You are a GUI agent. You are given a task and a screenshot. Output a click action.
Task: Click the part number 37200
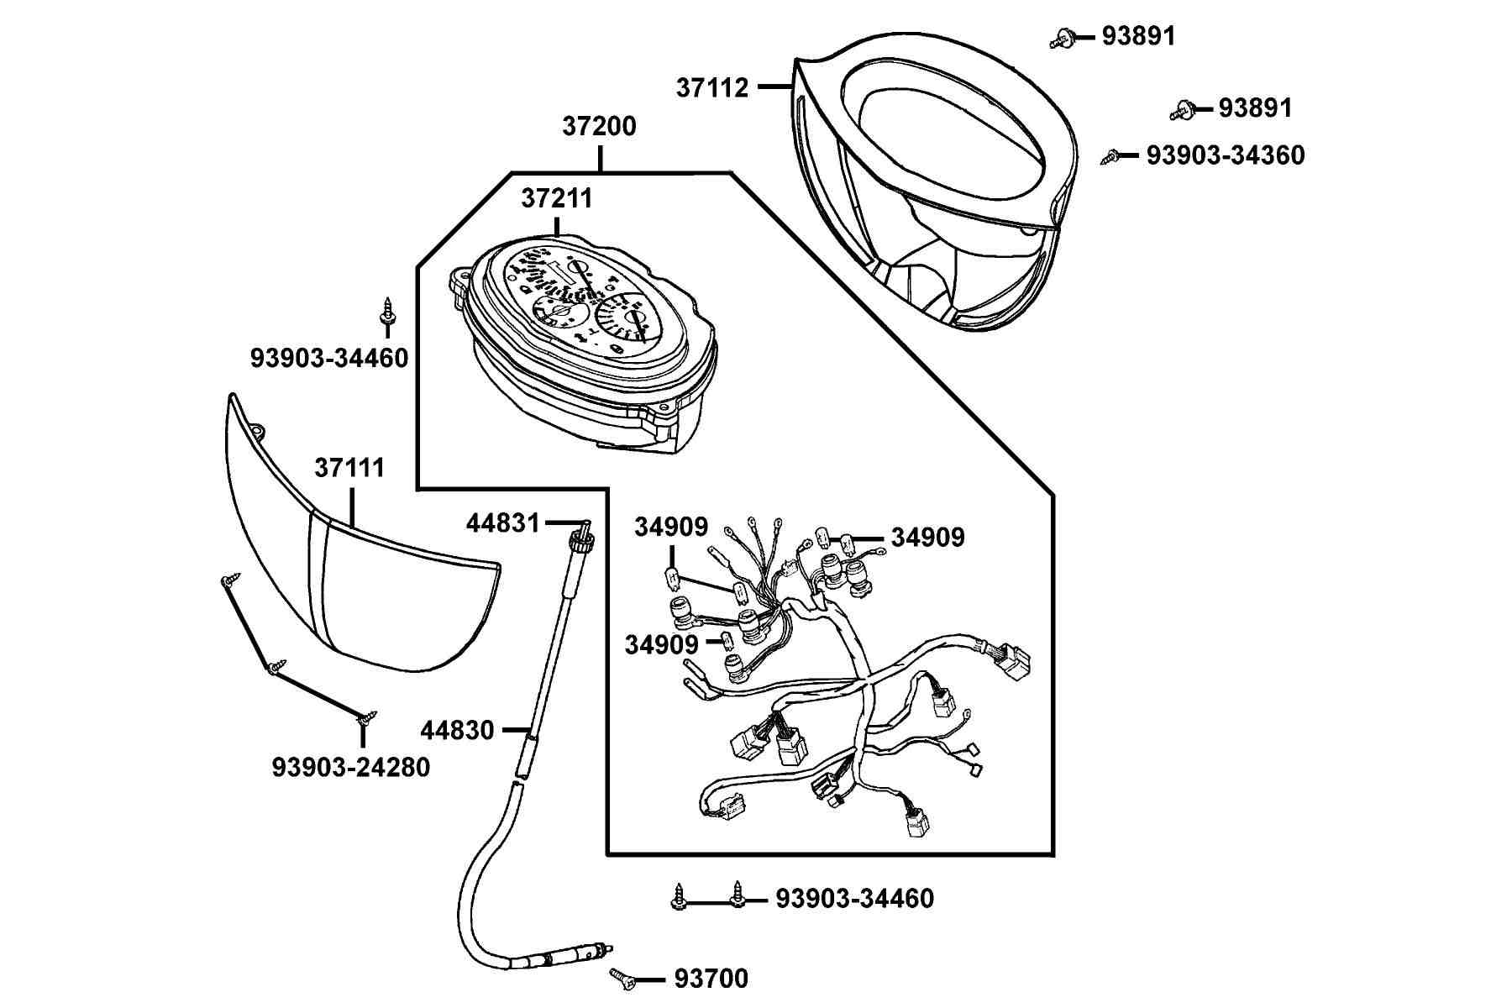click(599, 126)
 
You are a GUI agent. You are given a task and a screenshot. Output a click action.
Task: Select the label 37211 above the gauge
click(557, 198)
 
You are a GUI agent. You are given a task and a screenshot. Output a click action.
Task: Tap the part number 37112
click(712, 87)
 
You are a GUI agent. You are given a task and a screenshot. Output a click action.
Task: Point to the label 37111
click(349, 468)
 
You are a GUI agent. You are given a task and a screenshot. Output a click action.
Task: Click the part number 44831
click(503, 523)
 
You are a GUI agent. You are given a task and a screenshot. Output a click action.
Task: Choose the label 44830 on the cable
click(457, 730)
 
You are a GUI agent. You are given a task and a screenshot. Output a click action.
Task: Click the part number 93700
click(711, 979)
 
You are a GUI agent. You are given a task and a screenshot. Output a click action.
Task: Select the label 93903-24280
click(351, 767)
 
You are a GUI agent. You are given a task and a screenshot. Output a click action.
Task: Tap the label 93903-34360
click(1226, 155)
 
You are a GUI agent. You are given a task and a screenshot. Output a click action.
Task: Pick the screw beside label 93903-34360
click(1110, 155)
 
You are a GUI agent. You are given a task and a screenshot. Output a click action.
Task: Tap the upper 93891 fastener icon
click(1062, 38)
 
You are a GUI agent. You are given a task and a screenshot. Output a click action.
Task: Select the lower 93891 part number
click(1255, 108)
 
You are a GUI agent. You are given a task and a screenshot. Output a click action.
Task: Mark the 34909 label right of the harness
click(927, 538)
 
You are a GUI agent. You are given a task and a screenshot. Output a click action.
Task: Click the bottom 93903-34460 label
click(854, 899)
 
